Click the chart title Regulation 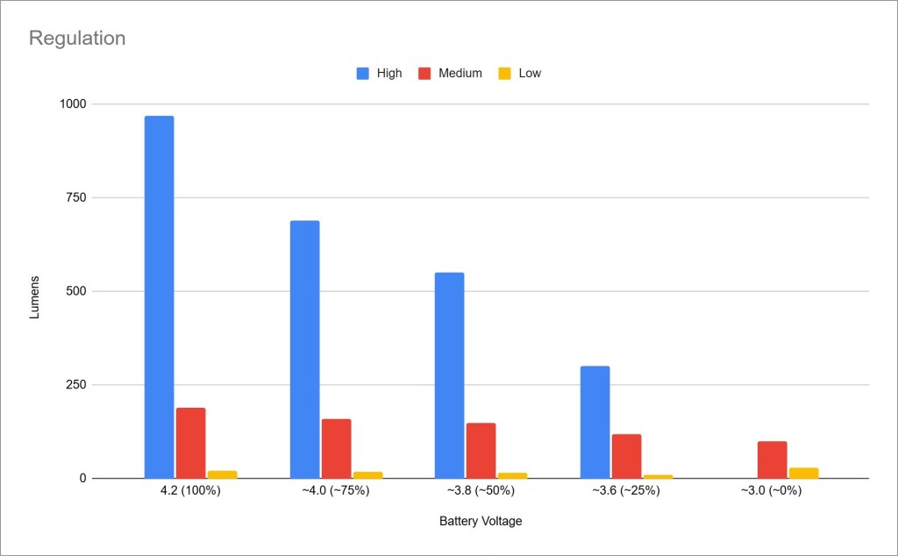[77, 39]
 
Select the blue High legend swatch [363, 74]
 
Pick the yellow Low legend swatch [504, 74]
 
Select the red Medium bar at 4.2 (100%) [190, 443]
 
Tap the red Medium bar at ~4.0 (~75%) [336, 448]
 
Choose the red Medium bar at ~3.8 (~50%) [481, 451]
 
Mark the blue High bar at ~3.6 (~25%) [595, 422]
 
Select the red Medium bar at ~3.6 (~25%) [626, 456]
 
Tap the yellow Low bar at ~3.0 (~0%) [803, 473]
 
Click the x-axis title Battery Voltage [481, 522]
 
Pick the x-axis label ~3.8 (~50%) [481, 491]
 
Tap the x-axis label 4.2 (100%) [191, 491]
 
